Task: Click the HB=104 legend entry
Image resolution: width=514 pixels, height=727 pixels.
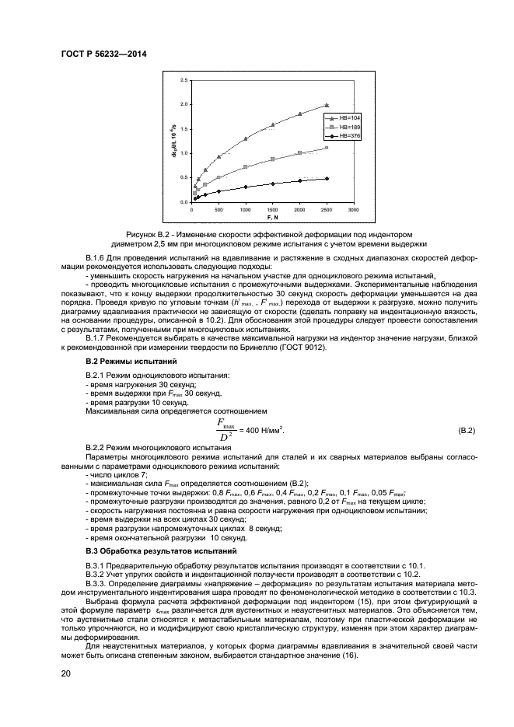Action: coord(339,117)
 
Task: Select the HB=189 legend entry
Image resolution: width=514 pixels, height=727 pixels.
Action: coord(339,126)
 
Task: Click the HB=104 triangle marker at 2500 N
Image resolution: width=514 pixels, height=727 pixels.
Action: coord(326,105)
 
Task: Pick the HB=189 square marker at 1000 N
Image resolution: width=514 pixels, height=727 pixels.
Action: coord(246,166)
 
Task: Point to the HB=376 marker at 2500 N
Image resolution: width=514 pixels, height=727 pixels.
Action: coord(326,179)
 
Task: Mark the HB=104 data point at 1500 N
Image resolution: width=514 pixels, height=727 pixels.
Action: coord(272,124)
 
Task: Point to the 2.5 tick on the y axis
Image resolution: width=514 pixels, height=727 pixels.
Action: coord(184,80)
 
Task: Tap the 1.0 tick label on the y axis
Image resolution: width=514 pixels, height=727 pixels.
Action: coord(184,153)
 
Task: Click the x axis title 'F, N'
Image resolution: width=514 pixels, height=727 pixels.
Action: coord(272,217)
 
